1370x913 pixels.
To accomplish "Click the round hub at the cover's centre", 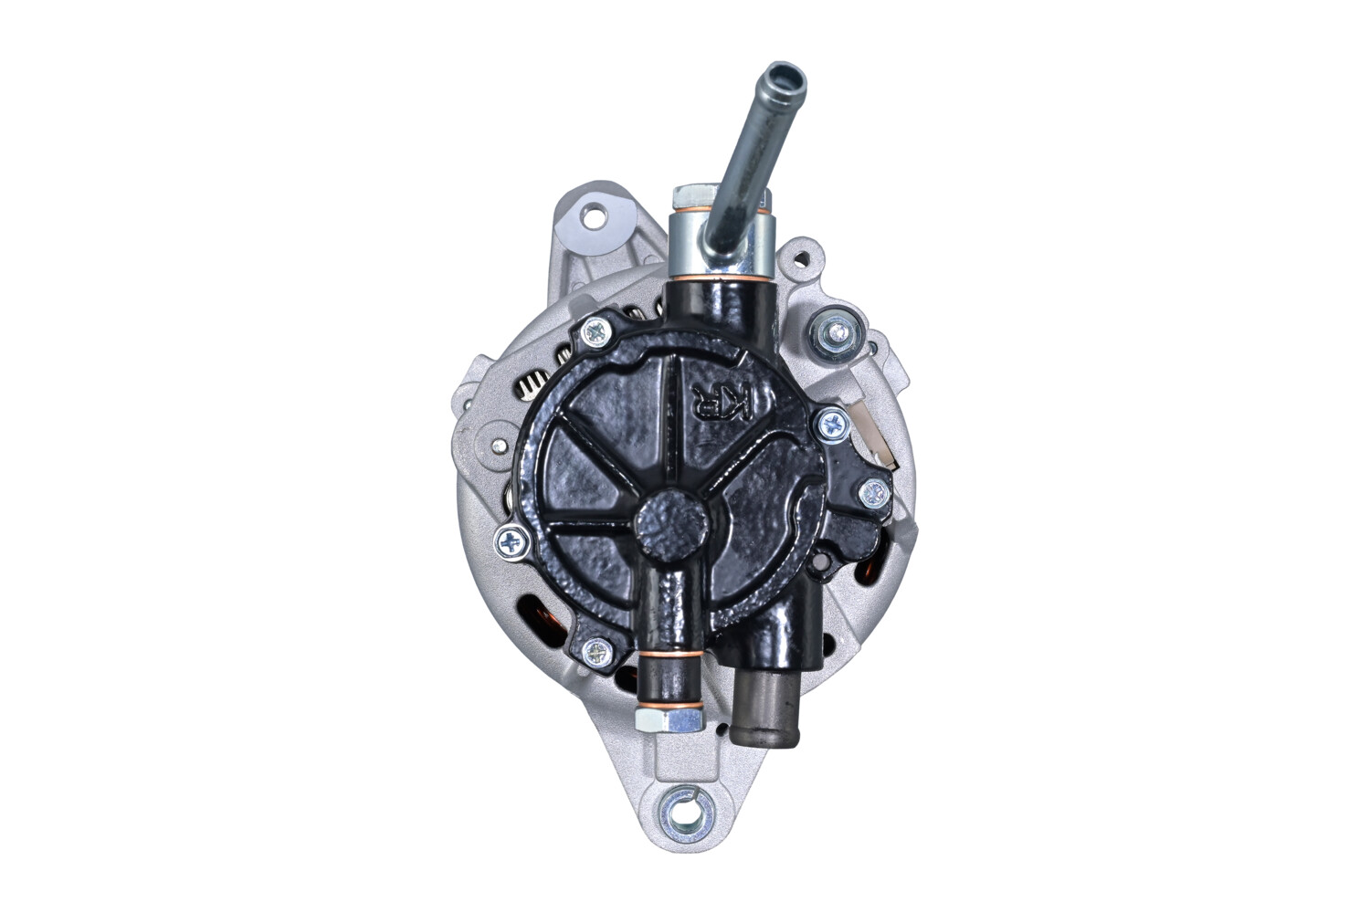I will [670, 524].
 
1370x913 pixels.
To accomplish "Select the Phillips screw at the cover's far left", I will [511, 543].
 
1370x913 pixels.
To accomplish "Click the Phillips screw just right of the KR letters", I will [832, 423].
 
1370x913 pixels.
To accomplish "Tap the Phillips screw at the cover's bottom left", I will [597, 651].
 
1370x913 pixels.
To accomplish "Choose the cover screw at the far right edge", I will [874, 494].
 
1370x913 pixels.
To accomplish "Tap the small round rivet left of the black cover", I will [500, 447].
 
